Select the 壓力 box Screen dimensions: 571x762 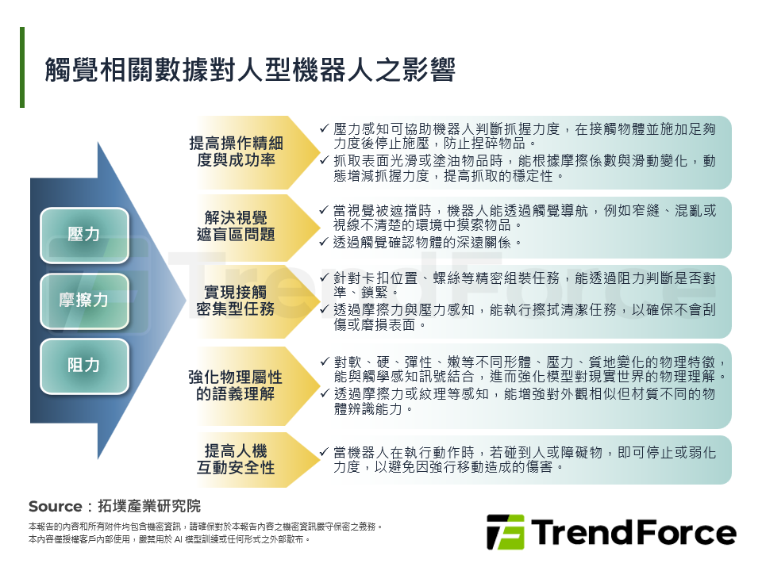pos(84,235)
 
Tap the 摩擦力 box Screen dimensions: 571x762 pos(84,300)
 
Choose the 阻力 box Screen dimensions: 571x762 pos(84,366)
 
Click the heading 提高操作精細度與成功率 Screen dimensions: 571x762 pos(236,151)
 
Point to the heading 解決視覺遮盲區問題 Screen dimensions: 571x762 pos(236,226)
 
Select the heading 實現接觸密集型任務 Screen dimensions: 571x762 pos(236,301)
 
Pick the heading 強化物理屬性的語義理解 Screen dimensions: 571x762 pos(236,385)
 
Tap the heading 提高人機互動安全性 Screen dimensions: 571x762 pos(236,459)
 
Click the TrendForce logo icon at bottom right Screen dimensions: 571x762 pos(505,531)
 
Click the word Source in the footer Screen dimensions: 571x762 pos(55,507)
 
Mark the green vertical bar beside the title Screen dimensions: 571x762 pos(22,67)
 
